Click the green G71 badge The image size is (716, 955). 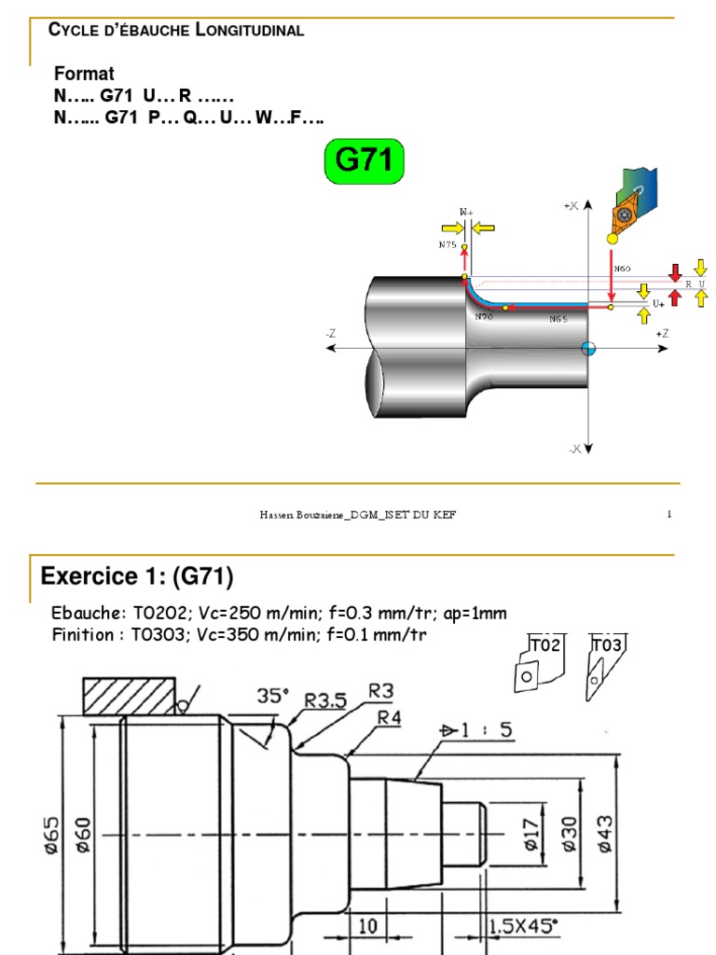click(364, 160)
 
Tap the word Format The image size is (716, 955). click(84, 74)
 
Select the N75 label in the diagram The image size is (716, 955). click(447, 245)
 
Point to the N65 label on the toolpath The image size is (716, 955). click(558, 319)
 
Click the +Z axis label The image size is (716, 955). click(662, 333)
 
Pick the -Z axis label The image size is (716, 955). click(331, 333)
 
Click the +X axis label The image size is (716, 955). click(571, 205)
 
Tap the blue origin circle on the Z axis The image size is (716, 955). click(587, 348)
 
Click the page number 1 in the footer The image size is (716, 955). click(669, 515)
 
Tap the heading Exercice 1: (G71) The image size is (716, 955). click(136, 577)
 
